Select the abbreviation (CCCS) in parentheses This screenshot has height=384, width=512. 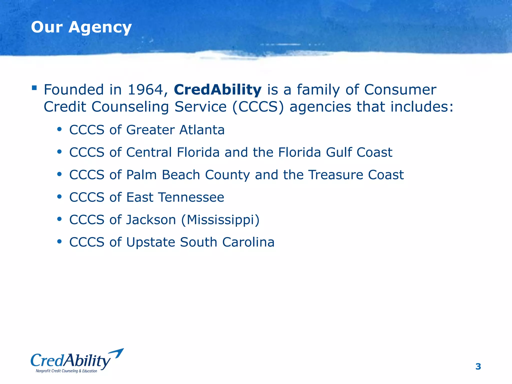(x=258, y=107)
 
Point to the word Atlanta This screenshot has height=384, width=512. (x=202, y=130)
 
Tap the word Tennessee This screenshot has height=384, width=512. (x=191, y=197)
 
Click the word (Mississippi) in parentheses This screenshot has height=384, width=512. (x=220, y=220)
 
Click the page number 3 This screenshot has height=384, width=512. (x=478, y=366)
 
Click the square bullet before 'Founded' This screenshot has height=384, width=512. (x=34, y=88)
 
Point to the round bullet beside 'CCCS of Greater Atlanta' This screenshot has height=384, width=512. (x=59, y=129)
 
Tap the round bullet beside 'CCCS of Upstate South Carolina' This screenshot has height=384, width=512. (x=59, y=242)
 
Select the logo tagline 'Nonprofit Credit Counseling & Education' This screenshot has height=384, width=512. (x=66, y=371)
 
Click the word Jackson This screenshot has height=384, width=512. (x=151, y=220)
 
